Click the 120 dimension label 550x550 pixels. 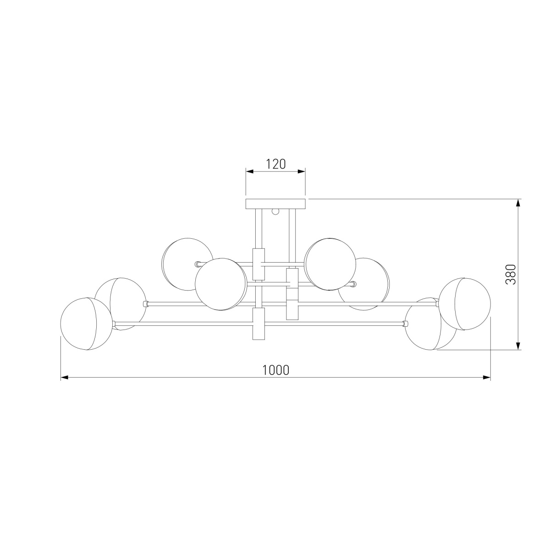pos(276,164)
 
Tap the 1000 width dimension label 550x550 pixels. pos(276,370)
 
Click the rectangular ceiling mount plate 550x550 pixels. pos(275,203)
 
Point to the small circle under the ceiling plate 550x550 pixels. pos(275,211)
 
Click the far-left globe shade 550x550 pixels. pos(87,324)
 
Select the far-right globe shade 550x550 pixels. pos(465,304)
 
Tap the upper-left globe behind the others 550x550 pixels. pos(187,264)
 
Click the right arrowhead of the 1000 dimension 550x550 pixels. pos(487,378)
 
